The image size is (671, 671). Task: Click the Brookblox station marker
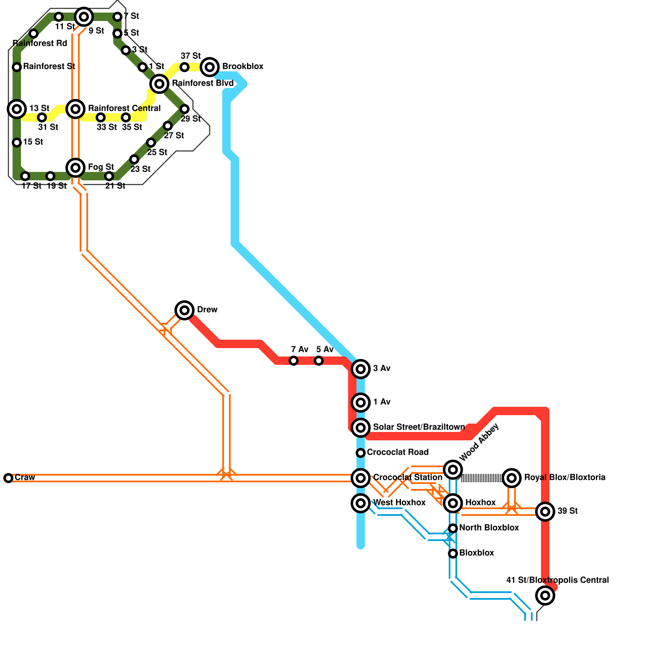tap(210, 67)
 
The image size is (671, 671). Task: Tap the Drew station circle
tap(185, 310)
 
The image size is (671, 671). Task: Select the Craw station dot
tap(8, 478)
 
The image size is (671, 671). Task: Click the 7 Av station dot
tap(294, 361)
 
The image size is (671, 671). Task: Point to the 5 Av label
tap(325, 350)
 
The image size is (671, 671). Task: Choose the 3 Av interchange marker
tap(361, 369)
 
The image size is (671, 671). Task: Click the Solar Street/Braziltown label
tap(419, 427)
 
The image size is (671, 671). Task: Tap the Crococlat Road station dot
tap(361, 453)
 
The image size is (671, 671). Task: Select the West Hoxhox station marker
tap(361, 503)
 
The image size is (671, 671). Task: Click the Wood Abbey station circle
tap(453, 470)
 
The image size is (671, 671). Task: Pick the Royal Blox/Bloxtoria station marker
tap(512, 478)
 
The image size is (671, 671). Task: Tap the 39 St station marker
tap(545, 512)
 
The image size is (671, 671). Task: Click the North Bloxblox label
tap(489, 528)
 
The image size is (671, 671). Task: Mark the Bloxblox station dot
tap(453, 554)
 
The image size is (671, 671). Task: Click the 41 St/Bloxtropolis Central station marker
tap(545, 595)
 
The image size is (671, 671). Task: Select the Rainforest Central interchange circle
tap(75, 109)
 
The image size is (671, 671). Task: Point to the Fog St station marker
tap(75, 168)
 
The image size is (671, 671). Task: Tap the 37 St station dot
tap(185, 67)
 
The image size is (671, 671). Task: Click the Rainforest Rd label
tap(40, 44)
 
